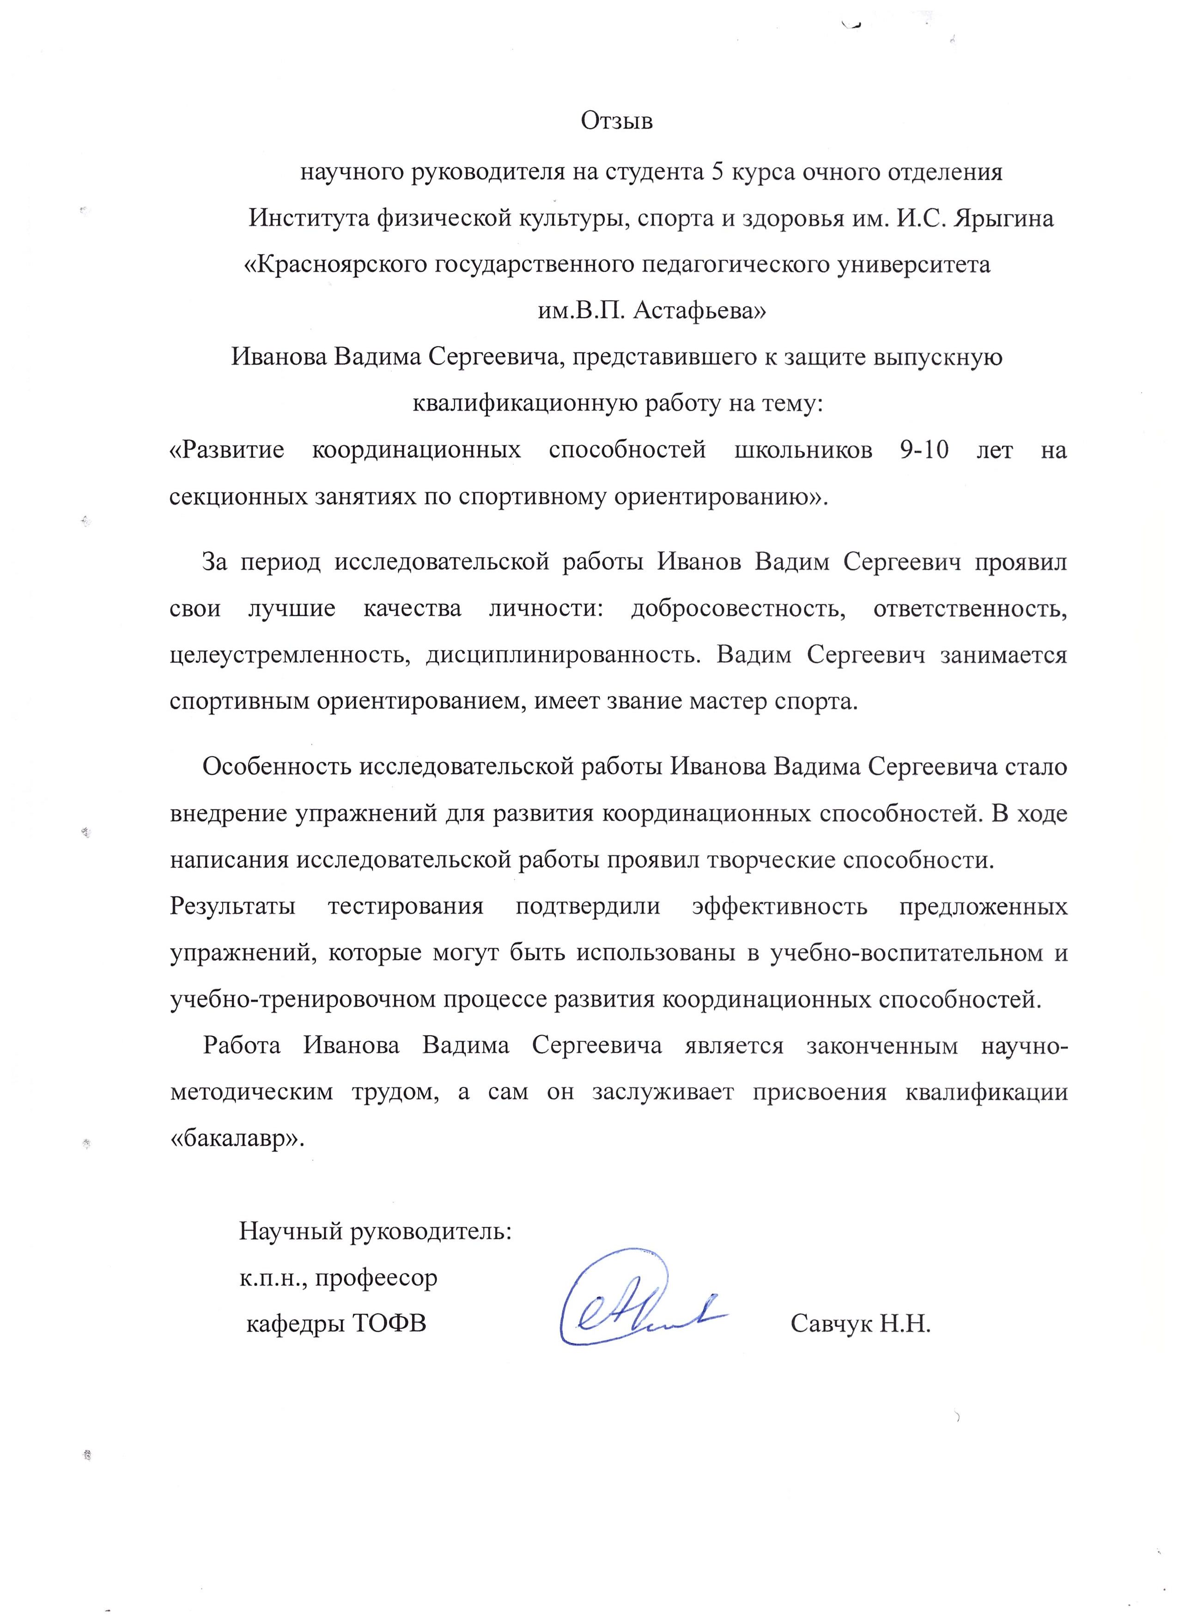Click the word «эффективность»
click(779, 907)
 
